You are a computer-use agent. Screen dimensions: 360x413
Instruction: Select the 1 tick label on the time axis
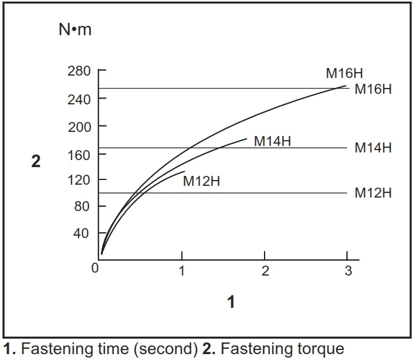(182, 271)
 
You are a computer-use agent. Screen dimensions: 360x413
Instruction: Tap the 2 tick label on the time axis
(265, 271)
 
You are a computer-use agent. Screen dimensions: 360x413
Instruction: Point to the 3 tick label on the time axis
(348, 271)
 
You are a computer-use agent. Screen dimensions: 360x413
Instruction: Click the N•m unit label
(75, 30)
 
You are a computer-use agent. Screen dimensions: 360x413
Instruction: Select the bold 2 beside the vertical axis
(36, 162)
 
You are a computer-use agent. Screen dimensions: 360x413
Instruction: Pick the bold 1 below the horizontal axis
(231, 302)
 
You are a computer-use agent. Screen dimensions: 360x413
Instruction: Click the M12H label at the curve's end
(201, 181)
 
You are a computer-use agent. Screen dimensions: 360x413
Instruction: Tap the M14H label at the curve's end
(272, 141)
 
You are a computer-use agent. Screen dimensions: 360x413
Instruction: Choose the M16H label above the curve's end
(344, 74)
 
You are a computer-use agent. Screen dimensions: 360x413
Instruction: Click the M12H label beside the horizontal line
(373, 193)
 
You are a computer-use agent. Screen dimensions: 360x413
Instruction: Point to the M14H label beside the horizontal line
(373, 148)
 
